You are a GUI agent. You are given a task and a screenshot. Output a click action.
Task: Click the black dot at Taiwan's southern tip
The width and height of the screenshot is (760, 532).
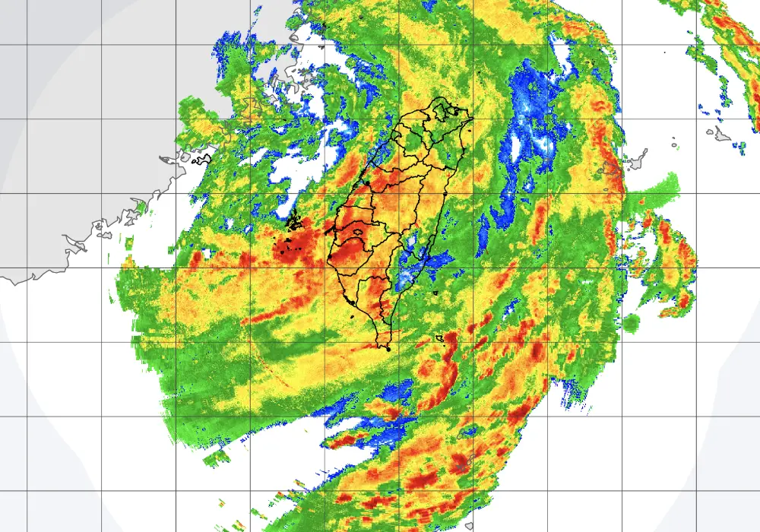388,348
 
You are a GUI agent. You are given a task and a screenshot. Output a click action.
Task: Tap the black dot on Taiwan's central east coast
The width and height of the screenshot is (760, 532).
445,195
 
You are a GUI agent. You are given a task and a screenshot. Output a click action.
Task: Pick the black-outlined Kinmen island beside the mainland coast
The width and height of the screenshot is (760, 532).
201,160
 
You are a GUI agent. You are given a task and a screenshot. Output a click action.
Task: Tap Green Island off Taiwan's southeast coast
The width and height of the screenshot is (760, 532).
436,293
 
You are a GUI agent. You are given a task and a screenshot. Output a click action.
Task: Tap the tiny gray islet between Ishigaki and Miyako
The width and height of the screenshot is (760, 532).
673,142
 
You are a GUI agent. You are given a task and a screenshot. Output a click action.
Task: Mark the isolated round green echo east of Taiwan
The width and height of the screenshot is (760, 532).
631,324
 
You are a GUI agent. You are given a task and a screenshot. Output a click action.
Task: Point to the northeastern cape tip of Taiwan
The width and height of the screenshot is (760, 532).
472,119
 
